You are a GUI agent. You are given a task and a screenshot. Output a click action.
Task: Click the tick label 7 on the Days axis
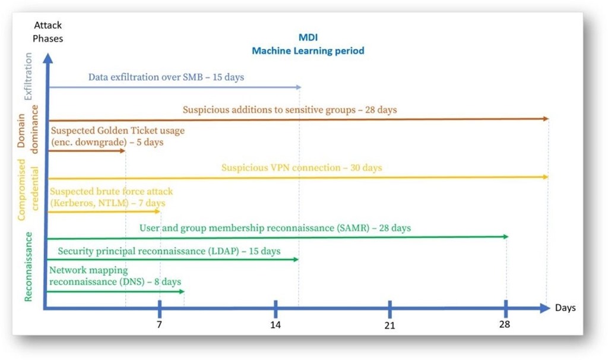159,325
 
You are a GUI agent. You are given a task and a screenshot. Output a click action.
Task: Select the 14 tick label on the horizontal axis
275,325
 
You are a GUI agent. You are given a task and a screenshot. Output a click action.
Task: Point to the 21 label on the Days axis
389,326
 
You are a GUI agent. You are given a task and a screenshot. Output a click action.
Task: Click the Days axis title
565,308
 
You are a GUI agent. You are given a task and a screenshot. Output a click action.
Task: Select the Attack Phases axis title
48,32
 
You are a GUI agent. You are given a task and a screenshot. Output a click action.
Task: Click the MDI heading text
308,37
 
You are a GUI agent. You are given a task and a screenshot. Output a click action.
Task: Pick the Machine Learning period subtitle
308,51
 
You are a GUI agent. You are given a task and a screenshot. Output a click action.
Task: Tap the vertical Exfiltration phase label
27,77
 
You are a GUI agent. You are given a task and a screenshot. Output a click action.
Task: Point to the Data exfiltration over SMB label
166,77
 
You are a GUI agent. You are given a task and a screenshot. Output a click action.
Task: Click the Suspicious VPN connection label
302,168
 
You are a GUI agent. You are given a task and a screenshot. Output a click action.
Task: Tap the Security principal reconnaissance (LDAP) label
169,251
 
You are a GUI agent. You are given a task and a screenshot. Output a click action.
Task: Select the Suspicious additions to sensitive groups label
290,110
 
